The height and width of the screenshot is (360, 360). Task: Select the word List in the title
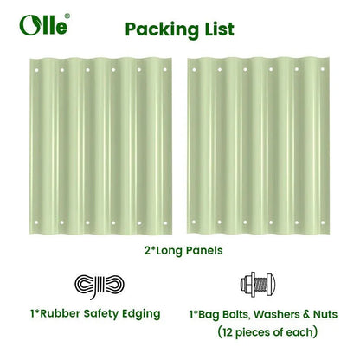tap(215, 28)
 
